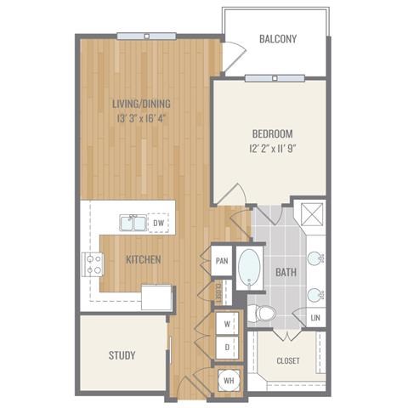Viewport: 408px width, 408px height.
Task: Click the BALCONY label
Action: [278, 39]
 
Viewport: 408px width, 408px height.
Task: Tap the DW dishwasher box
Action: [158, 223]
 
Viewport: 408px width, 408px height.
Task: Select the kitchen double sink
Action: [133, 223]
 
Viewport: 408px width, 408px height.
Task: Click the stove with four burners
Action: [93, 264]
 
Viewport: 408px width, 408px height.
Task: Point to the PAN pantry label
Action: [222, 261]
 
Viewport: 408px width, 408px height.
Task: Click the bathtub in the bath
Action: [249, 269]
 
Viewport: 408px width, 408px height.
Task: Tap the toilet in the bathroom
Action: [262, 314]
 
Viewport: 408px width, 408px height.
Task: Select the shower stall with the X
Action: [312, 214]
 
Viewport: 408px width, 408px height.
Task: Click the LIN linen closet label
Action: [315, 318]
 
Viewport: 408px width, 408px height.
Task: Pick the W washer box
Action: [227, 324]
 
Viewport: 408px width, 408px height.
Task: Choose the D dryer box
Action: [227, 348]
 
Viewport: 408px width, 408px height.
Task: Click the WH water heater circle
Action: [229, 381]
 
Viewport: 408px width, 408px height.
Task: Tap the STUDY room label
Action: [122, 355]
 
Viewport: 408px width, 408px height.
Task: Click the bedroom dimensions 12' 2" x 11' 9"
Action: [273, 149]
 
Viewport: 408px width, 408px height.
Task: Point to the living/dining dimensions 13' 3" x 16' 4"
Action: [141, 118]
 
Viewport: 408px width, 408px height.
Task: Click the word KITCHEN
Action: [144, 259]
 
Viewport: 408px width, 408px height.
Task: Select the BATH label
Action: [286, 272]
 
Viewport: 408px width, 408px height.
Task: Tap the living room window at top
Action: [146, 37]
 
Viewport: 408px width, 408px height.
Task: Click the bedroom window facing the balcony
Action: [275, 78]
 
